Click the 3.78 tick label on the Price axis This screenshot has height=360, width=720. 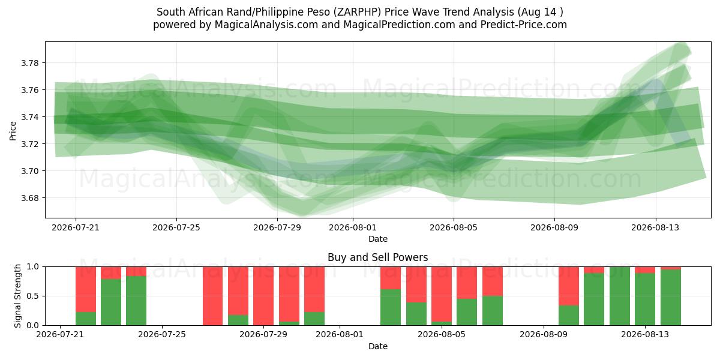click(x=29, y=63)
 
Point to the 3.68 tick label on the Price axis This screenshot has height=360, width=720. click(x=29, y=198)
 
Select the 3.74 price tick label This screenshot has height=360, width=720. click(x=29, y=117)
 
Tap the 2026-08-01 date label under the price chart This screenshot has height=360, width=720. click(x=353, y=227)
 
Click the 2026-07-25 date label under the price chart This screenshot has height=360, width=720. click(x=176, y=227)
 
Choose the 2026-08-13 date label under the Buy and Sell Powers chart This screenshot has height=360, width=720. click(x=645, y=334)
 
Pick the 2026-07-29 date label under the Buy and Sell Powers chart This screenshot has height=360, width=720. click(x=263, y=334)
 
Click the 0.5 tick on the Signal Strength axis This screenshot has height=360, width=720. click(x=32, y=296)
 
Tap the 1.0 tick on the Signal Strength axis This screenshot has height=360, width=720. click(x=32, y=266)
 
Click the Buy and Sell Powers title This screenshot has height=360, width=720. click(x=377, y=257)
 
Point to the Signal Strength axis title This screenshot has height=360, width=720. click(x=17, y=296)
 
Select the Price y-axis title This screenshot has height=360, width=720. click(x=13, y=131)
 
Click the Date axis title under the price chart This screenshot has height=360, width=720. click(x=378, y=239)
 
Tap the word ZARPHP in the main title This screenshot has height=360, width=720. click(x=357, y=12)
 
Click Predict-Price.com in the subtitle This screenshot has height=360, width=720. click(x=524, y=25)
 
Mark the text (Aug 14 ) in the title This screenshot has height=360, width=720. click(x=540, y=12)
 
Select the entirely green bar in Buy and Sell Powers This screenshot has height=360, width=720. click(x=619, y=296)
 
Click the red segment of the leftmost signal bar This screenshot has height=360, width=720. click(x=86, y=289)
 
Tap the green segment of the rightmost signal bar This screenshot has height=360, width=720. click(x=671, y=298)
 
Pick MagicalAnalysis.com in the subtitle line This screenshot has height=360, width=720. click(x=266, y=25)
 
